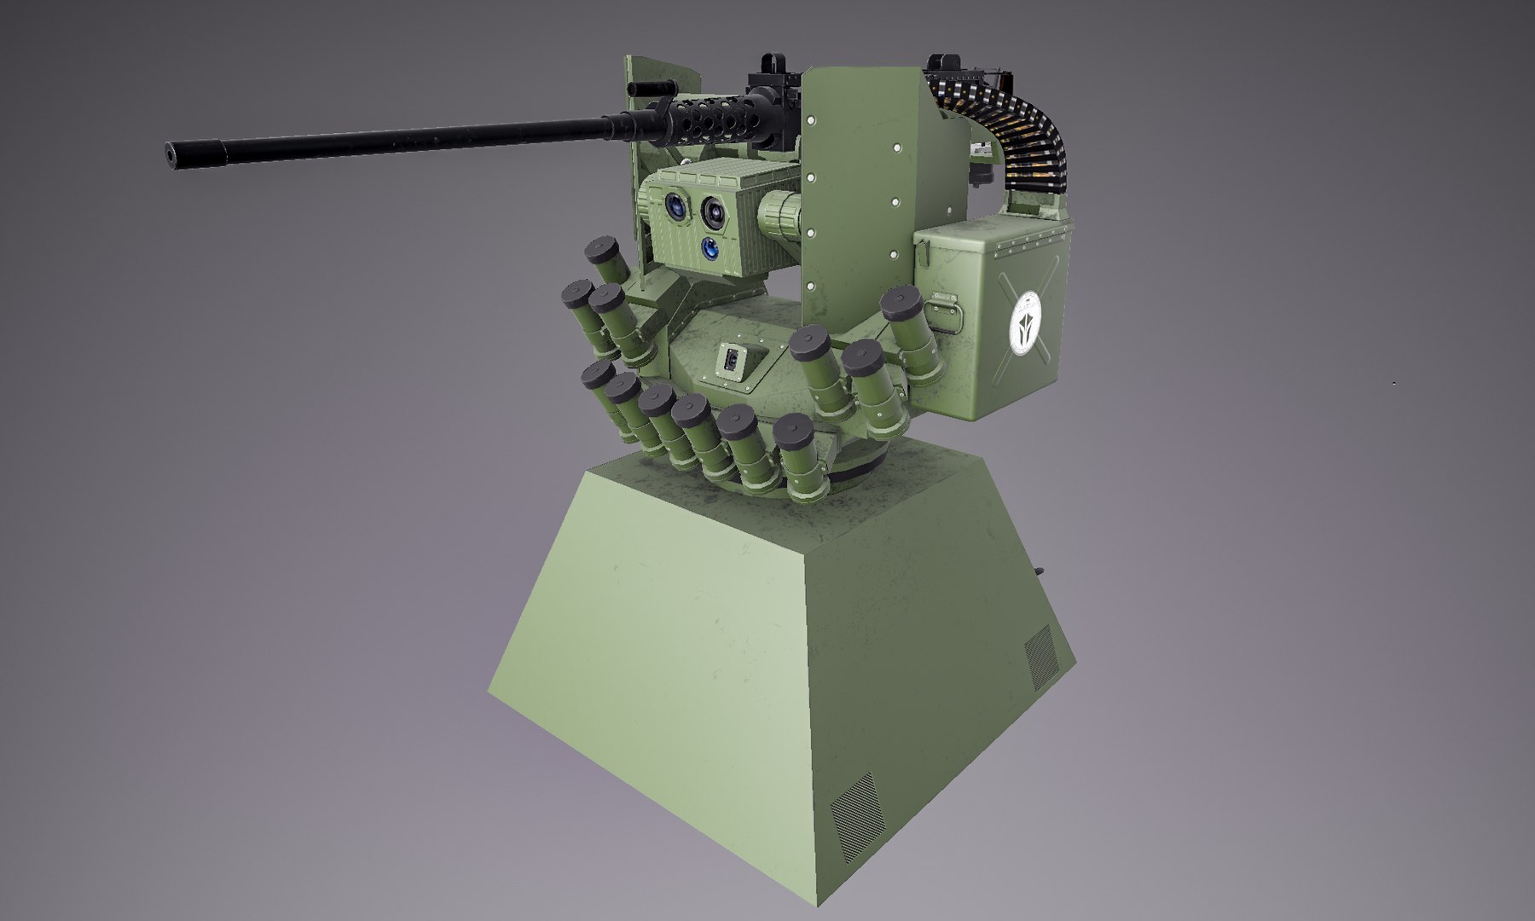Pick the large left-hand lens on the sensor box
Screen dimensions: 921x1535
coord(675,206)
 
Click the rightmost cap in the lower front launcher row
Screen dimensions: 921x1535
coord(792,428)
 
